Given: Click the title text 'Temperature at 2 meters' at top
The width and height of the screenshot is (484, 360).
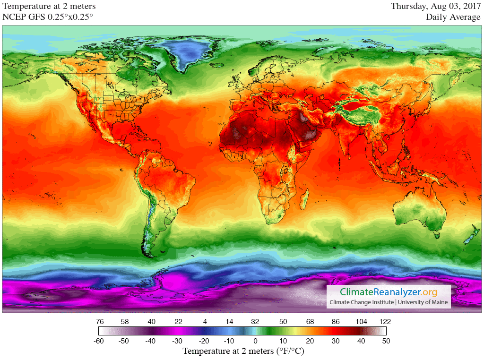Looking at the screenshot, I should [x=49, y=6].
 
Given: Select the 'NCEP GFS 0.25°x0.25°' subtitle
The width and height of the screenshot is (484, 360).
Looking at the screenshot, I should [x=48, y=17].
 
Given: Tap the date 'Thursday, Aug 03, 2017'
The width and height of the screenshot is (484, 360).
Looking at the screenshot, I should [x=435, y=6].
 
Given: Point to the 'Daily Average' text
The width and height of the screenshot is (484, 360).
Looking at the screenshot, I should [x=453, y=17].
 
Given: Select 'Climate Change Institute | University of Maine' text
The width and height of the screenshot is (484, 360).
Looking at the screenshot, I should [x=389, y=302].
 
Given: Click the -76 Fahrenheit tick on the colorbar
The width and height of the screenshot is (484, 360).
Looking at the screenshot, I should [x=99, y=322].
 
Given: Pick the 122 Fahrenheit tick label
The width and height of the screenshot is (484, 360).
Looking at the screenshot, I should [x=385, y=322].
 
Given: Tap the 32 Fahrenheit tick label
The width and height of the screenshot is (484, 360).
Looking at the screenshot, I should [x=255, y=322].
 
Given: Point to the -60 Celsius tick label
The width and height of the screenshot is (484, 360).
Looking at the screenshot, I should [x=99, y=341].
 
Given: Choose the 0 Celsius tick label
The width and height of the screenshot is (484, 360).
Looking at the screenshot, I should [x=255, y=341].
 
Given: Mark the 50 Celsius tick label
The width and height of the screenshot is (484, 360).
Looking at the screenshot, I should [x=385, y=341].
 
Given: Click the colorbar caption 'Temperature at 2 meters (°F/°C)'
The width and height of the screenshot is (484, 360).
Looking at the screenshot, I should [x=242, y=351].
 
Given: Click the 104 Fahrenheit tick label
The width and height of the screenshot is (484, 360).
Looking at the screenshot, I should [x=362, y=322].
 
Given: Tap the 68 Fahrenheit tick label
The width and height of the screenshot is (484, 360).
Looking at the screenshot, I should [x=310, y=322].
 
